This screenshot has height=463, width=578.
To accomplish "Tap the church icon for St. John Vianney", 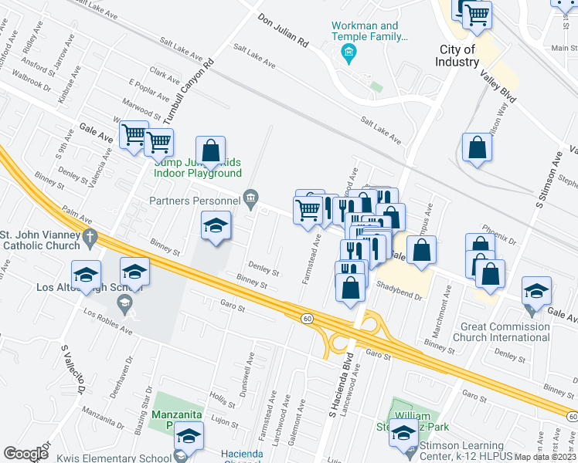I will coord(90,238).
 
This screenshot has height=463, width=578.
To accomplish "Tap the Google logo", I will coord(25,454).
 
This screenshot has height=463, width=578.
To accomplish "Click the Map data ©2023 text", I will coord(544,457).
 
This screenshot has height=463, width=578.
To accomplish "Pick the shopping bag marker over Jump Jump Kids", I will coord(210,150).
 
